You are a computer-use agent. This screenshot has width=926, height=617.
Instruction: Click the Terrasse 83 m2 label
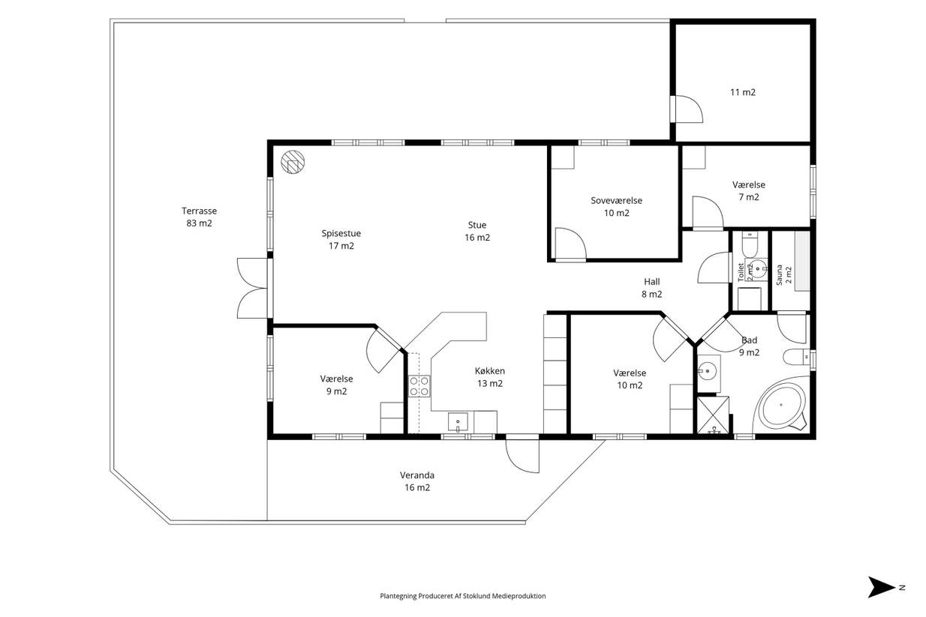(x=200, y=217)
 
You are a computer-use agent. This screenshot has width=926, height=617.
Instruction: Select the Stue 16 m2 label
(x=477, y=231)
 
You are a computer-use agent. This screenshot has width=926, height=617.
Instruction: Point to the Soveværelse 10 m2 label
(x=616, y=206)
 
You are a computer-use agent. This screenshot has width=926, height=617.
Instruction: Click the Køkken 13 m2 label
(x=490, y=377)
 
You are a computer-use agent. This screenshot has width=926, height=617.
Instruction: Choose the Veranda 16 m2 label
(x=417, y=481)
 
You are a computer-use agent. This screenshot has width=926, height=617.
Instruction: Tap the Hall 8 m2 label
(x=652, y=288)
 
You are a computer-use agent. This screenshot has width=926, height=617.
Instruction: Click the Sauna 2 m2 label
(x=783, y=274)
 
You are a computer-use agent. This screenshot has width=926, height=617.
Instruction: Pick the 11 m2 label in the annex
(x=743, y=92)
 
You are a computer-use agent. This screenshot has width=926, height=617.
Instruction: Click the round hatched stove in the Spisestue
(x=293, y=161)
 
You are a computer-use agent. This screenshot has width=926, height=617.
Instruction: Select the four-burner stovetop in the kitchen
(x=419, y=386)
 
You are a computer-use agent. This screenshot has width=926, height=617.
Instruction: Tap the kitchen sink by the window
(x=458, y=422)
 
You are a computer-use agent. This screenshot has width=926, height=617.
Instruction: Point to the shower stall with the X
(x=714, y=415)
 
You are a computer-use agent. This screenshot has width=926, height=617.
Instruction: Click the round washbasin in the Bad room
(x=708, y=370)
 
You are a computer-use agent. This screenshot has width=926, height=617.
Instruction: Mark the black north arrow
(x=882, y=587)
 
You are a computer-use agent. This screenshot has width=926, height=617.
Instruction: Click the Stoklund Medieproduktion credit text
(x=462, y=596)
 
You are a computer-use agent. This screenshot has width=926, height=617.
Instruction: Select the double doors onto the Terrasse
(x=253, y=289)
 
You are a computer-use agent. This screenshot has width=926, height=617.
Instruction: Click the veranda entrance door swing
(x=522, y=456)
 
